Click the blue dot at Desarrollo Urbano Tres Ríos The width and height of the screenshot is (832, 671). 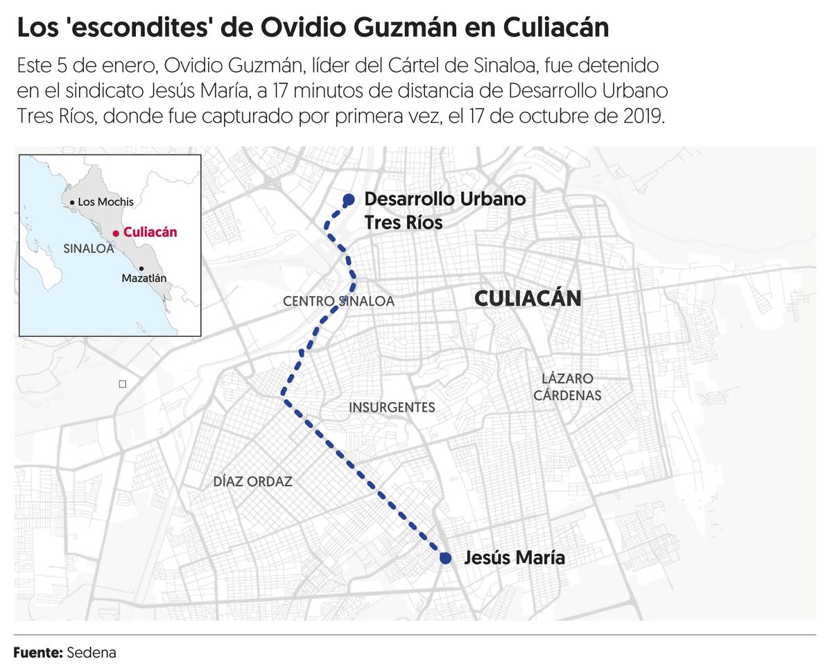coord(349,200)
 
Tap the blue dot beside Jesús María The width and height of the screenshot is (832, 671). coord(446,558)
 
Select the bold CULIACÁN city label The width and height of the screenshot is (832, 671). coord(527,299)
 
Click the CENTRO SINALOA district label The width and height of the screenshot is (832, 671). coord(338,302)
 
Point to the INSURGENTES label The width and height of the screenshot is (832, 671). coord(392,408)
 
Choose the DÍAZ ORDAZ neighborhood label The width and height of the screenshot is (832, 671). coord(252,481)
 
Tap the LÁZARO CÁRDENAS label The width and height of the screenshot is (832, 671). coord(567,387)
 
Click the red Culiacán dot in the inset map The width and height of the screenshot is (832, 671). coord(116,234)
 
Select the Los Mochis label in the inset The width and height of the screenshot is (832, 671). coord(105,202)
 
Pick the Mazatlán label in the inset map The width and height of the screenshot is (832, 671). coord(144,278)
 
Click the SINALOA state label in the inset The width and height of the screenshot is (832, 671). coord(88,249)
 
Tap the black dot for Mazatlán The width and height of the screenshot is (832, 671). coord(141,268)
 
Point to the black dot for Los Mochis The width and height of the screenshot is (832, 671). coord(71,202)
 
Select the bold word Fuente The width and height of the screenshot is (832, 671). coord(38,652)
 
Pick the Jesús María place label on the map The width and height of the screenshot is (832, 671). coord(514,557)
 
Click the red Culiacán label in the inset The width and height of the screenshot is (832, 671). coord(150,233)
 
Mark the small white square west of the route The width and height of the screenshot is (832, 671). coord(122,383)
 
